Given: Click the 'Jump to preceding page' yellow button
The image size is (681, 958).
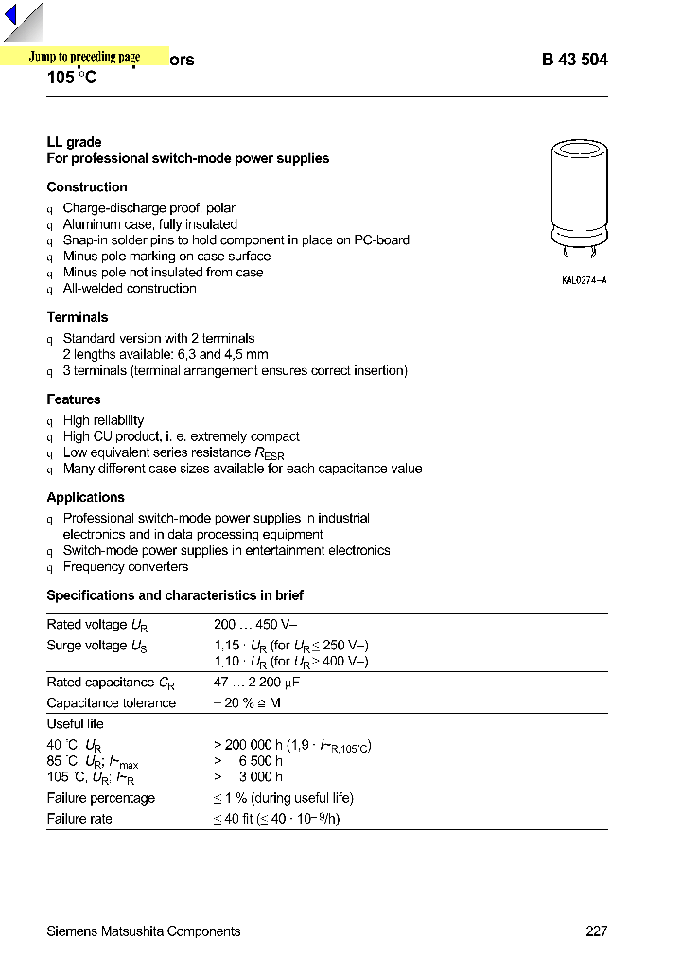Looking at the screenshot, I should (84, 57).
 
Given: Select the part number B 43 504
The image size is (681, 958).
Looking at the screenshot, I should (574, 60).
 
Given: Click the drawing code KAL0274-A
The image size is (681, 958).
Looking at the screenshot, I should (584, 281).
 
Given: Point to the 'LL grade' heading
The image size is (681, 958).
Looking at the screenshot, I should (74, 142).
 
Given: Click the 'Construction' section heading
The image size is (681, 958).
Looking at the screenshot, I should (87, 187).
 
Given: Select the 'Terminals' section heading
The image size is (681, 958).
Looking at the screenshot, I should (78, 318).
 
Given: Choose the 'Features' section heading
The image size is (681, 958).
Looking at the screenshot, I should (74, 399).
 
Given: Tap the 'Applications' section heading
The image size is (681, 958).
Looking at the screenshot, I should (86, 498).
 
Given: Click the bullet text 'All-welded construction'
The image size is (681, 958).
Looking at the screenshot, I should (130, 289).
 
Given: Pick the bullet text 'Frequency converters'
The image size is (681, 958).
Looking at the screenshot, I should (126, 567).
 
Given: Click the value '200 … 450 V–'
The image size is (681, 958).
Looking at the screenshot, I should (259, 625).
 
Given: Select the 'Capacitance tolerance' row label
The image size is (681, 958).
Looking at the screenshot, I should (112, 703).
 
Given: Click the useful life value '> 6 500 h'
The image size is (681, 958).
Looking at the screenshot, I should (248, 761).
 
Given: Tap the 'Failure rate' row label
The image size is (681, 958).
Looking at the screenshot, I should (79, 819).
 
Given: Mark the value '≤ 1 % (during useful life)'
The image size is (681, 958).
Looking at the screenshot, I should (283, 799).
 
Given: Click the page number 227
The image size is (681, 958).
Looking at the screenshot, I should (596, 931).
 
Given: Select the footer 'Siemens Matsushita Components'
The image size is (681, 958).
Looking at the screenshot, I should (144, 931).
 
